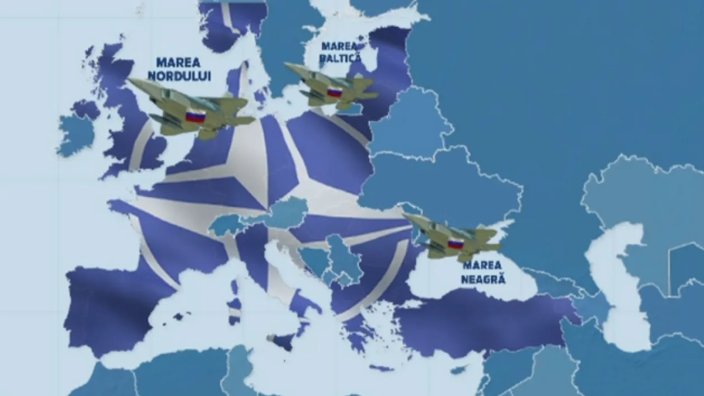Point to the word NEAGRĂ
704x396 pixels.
(483, 278)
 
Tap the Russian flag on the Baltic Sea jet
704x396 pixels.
(334, 92)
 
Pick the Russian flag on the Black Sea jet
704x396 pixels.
(456, 244)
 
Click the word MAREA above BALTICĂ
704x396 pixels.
(340, 46)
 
